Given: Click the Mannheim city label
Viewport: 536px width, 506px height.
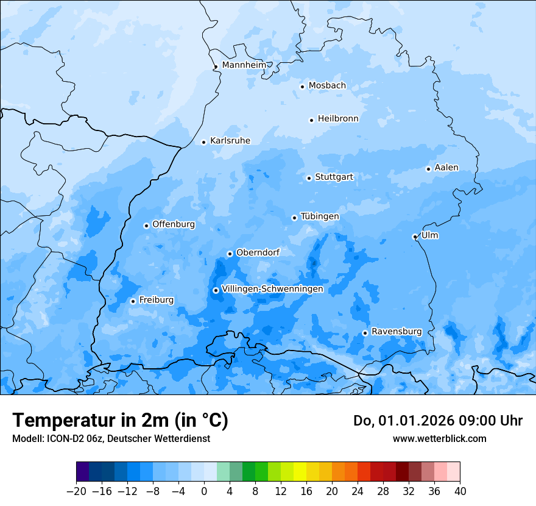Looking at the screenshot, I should [244, 65].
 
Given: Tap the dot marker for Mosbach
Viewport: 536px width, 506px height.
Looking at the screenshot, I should [302, 87].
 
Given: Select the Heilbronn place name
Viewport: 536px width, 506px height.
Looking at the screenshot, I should [338, 118].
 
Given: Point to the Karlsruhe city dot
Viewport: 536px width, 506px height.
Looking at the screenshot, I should [204, 142].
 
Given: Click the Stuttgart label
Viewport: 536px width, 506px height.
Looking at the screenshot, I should [334, 177].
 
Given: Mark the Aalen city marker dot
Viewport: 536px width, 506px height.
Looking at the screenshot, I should [428, 169].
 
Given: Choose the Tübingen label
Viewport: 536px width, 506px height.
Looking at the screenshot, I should [320, 216].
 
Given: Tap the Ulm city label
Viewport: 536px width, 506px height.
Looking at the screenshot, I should [430, 235].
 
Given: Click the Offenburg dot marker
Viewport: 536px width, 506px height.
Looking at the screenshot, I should [146, 226].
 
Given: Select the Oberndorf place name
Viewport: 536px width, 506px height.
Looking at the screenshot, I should [258, 252].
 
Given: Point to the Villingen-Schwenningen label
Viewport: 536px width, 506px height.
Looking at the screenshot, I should [272, 288].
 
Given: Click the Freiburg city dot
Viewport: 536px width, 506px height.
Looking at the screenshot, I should [133, 301].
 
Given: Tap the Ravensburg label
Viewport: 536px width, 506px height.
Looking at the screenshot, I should [397, 331].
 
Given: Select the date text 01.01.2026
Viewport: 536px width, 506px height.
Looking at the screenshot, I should [411, 421].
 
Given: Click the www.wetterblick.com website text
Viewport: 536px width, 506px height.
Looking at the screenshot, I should [439, 438].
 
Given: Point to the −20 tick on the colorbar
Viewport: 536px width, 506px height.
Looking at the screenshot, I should [76, 491].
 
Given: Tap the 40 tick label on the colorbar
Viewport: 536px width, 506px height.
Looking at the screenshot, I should [460, 491].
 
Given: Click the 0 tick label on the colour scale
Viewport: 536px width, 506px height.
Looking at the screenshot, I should [204, 491].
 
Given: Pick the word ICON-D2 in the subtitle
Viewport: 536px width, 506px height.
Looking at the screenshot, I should [64, 438].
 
